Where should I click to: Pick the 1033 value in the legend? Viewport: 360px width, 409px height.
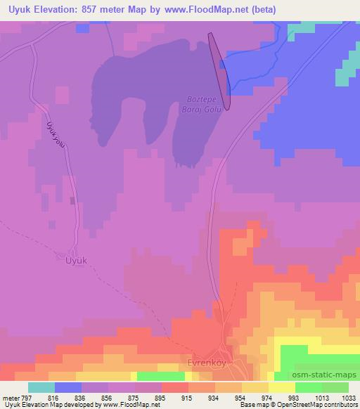coord(349,398)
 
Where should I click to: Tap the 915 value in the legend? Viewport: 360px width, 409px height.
coord(167,398)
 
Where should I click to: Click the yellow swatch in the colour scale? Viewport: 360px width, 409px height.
coord(281,387)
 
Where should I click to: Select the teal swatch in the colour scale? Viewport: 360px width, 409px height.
coord(41,387)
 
